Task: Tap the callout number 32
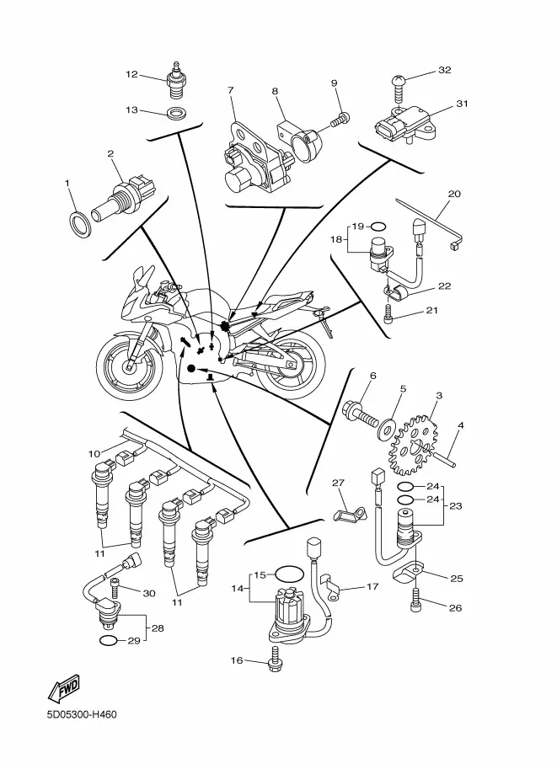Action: pyautogui.click(x=445, y=70)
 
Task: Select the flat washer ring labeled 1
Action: pyautogui.click(x=82, y=225)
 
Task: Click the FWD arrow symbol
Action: pyautogui.click(x=63, y=687)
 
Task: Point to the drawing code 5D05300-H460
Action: pyautogui.click(x=82, y=714)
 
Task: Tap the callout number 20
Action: pyautogui.click(x=454, y=194)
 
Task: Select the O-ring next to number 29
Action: pyautogui.click(x=108, y=640)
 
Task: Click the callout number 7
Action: pyautogui.click(x=231, y=90)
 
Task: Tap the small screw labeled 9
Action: pyautogui.click(x=340, y=119)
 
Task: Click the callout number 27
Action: pyautogui.click(x=338, y=483)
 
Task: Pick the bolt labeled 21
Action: pyautogui.click(x=388, y=313)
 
